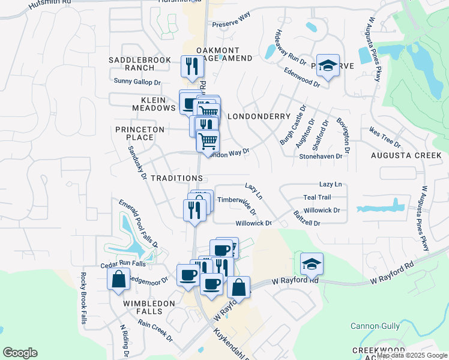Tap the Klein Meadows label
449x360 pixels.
click(154, 103)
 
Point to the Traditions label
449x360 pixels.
click(177, 178)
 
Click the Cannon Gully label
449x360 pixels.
click(375, 326)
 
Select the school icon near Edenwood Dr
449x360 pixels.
click(327, 66)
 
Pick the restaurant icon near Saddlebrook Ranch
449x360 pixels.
click(192, 67)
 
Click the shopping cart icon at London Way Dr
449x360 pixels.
click(208, 142)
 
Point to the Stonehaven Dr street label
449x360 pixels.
click(321, 156)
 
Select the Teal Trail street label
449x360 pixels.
click(317, 197)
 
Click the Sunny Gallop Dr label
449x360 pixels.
click(137, 82)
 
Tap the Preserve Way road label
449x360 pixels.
click(231, 23)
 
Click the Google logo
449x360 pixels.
click(20, 353)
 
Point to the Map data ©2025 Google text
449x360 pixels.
click(412, 355)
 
